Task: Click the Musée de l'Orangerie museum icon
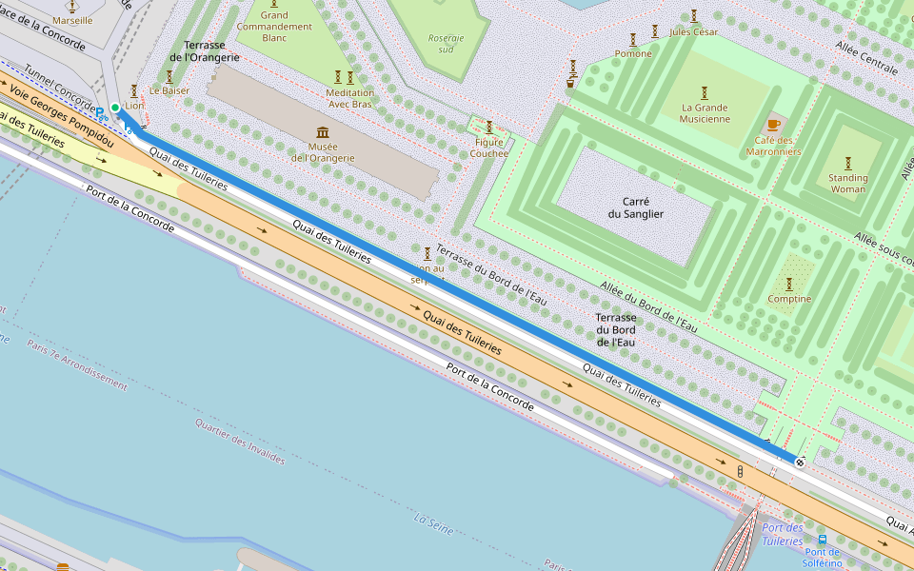point(323,132)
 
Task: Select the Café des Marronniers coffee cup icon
point(773,125)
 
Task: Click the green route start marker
point(114,108)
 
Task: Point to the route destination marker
point(800,463)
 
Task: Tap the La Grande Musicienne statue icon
point(705,92)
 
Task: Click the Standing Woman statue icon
point(847,163)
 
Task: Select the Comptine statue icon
point(789,284)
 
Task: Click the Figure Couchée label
point(489,148)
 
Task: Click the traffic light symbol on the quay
point(740,471)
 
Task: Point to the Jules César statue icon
point(693,15)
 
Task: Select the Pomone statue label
point(633,54)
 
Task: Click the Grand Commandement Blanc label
point(274,26)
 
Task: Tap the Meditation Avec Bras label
point(349,98)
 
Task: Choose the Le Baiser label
point(169,90)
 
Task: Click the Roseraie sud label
point(446,43)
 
